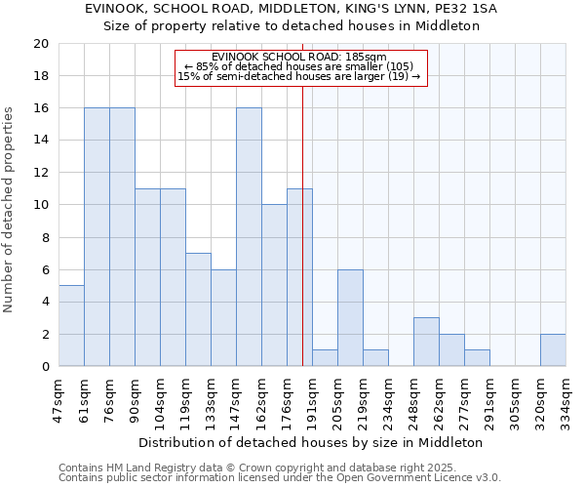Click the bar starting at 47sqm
coord(71,326)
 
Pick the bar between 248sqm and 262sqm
coord(426,342)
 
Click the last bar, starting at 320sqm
coord(553,350)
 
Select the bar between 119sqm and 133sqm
coord(198,309)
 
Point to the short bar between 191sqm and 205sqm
coord(325,358)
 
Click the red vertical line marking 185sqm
coord(303,244)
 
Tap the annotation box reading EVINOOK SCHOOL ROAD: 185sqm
coord(300,66)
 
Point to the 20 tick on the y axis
coord(40,44)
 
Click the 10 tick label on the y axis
coord(40,205)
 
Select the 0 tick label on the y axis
coord(44,367)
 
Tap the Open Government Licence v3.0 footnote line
coord(280,478)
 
